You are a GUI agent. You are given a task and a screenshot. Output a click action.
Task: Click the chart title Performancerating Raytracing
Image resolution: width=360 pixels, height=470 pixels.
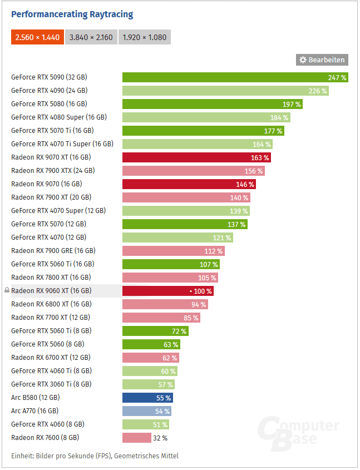coord(72,14)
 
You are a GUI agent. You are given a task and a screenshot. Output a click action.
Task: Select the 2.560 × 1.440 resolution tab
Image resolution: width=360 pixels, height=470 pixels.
coord(37,37)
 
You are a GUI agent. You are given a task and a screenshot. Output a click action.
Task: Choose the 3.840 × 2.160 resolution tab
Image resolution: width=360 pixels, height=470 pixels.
coord(91,37)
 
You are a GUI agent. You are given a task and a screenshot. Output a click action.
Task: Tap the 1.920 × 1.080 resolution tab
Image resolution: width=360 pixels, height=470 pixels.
coord(145,37)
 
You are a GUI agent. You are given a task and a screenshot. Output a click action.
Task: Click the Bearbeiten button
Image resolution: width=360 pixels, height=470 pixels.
coord(322,60)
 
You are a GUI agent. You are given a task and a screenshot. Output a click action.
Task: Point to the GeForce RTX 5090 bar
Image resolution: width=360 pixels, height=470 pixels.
coord(235,77)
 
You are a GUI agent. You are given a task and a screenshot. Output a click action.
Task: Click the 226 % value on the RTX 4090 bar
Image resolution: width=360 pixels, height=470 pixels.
coord(318,91)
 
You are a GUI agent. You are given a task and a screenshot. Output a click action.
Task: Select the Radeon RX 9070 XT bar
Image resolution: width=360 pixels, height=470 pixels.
coord(196,157)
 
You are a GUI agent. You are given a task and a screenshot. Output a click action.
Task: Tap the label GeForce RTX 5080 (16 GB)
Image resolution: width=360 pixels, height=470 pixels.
coord(49,104)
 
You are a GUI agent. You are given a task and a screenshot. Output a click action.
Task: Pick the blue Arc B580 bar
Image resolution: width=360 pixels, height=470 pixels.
coord(147,398)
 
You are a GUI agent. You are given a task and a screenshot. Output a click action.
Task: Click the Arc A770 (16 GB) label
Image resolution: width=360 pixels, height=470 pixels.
coord(34,411)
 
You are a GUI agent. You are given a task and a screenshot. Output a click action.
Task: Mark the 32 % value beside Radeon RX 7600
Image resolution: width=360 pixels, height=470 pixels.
coord(160,438)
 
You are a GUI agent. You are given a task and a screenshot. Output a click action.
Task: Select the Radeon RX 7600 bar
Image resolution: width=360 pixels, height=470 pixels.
coord(137,438)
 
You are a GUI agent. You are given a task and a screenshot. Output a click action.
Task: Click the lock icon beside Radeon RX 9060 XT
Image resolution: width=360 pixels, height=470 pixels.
coord(7,290)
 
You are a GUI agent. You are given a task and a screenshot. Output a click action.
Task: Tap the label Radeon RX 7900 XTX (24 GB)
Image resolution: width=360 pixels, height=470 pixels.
coord(53,171)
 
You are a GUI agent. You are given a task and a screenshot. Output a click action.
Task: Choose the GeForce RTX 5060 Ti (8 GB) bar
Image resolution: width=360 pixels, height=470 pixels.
coord(155,331)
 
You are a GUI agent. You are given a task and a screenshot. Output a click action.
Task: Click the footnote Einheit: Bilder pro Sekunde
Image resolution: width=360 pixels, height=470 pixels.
coord(95,456)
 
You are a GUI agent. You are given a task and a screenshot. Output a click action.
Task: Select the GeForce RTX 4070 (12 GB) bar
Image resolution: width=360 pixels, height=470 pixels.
coord(177,238)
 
